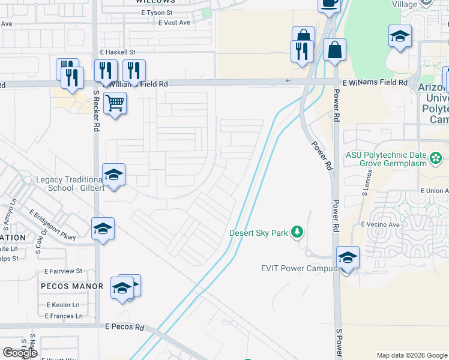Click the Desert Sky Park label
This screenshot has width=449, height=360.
(x=258, y=232)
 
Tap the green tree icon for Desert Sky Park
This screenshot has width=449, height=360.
(x=296, y=232)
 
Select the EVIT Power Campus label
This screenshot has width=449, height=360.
(x=299, y=268)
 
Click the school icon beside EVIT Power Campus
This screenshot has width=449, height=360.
(x=348, y=258)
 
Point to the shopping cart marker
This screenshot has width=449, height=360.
(x=114, y=103)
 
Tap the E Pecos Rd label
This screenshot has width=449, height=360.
(x=125, y=328)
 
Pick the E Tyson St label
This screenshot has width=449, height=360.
(x=157, y=12)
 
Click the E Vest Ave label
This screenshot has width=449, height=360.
(x=174, y=22)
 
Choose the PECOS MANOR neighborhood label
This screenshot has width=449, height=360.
(x=64, y=287)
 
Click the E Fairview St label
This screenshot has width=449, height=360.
(x=62, y=271)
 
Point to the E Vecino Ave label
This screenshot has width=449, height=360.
(x=380, y=224)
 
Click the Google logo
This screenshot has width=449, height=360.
(x=20, y=353)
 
